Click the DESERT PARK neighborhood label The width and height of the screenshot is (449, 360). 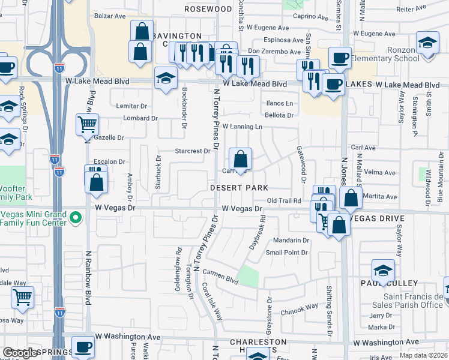coord(238,188)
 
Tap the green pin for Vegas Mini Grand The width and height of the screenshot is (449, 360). coord(76,218)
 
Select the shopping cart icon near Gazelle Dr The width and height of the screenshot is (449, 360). coord(87,125)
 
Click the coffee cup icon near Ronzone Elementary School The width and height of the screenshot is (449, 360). coord(340,58)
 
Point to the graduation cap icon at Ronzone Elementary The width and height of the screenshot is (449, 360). coord(427,44)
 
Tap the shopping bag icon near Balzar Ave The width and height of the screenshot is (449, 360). coord(142,32)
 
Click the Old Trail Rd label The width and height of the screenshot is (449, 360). coord(284,200)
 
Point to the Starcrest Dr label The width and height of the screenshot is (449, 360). coord(192,151)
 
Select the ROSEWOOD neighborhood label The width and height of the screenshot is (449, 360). coord(208,9)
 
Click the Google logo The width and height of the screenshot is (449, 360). coord(20,353)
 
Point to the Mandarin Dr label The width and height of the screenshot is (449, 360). coord(291,241)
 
